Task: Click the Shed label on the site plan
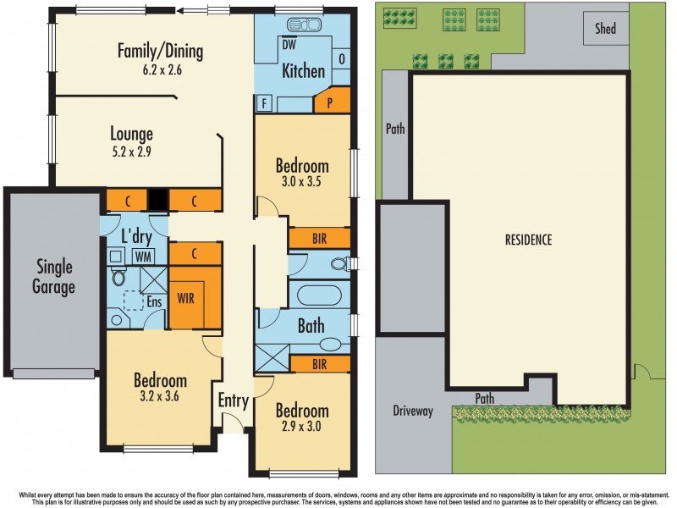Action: coord(605,29)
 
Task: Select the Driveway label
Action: coord(413,411)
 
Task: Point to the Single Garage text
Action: coord(55,277)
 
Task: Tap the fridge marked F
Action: coord(265,103)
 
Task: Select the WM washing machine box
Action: coord(143,255)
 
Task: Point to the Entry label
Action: coord(234,400)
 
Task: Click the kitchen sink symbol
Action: coord(299,25)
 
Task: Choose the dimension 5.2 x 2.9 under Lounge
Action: coord(131,152)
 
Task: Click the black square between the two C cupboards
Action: coord(158,200)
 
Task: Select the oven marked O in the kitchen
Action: coord(341,58)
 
